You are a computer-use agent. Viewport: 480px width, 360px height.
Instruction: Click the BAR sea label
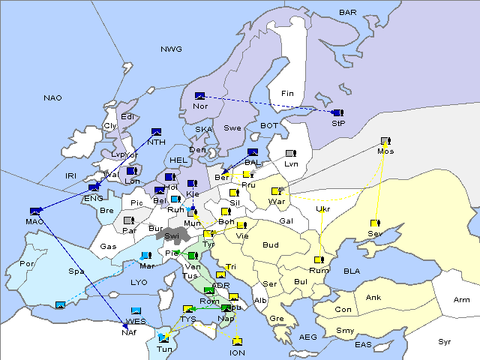click(x=348, y=12)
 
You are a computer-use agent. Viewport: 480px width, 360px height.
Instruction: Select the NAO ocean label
click(x=52, y=97)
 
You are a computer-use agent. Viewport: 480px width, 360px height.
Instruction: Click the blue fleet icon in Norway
click(x=199, y=95)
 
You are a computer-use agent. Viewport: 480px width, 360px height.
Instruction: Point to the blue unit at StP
click(x=337, y=112)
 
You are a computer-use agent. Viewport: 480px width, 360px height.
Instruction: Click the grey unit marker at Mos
click(x=385, y=141)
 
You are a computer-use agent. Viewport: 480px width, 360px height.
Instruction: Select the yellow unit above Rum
click(x=319, y=259)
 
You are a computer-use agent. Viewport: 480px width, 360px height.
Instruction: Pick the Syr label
click(x=445, y=341)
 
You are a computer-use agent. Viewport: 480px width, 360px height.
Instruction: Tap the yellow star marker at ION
click(x=238, y=342)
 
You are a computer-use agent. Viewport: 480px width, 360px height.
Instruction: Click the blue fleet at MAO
click(x=34, y=211)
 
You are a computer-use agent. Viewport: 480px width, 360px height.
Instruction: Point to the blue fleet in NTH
click(x=157, y=132)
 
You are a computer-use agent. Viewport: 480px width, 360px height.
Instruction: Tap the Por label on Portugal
click(x=28, y=264)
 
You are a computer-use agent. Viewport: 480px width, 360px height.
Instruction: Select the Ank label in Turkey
click(x=373, y=298)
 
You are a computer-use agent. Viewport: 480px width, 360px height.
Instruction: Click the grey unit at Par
click(x=128, y=220)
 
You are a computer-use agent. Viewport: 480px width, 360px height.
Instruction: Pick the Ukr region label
click(x=323, y=209)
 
